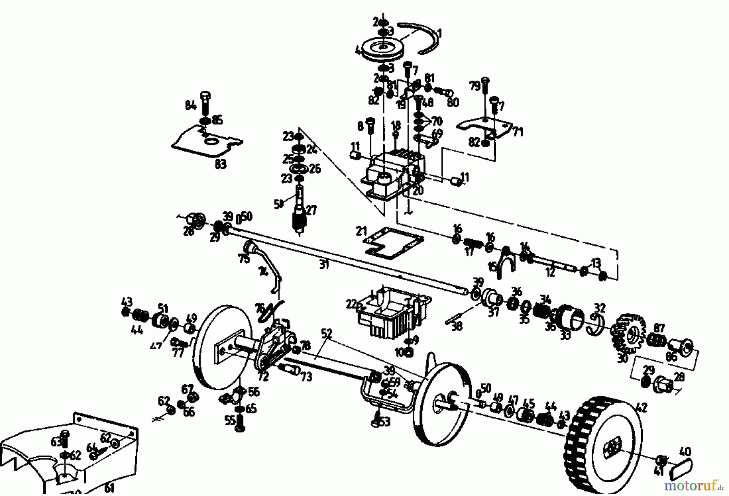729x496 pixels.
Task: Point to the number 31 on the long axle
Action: pyautogui.click(x=324, y=265)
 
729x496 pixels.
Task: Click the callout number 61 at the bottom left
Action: pyautogui.click(x=109, y=488)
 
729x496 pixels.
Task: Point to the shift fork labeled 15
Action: pyautogui.click(x=504, y=261)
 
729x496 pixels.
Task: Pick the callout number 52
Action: pyautogui.click(x=326, y=334)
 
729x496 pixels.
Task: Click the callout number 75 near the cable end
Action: pyautogui.click(x=244, y=259)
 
